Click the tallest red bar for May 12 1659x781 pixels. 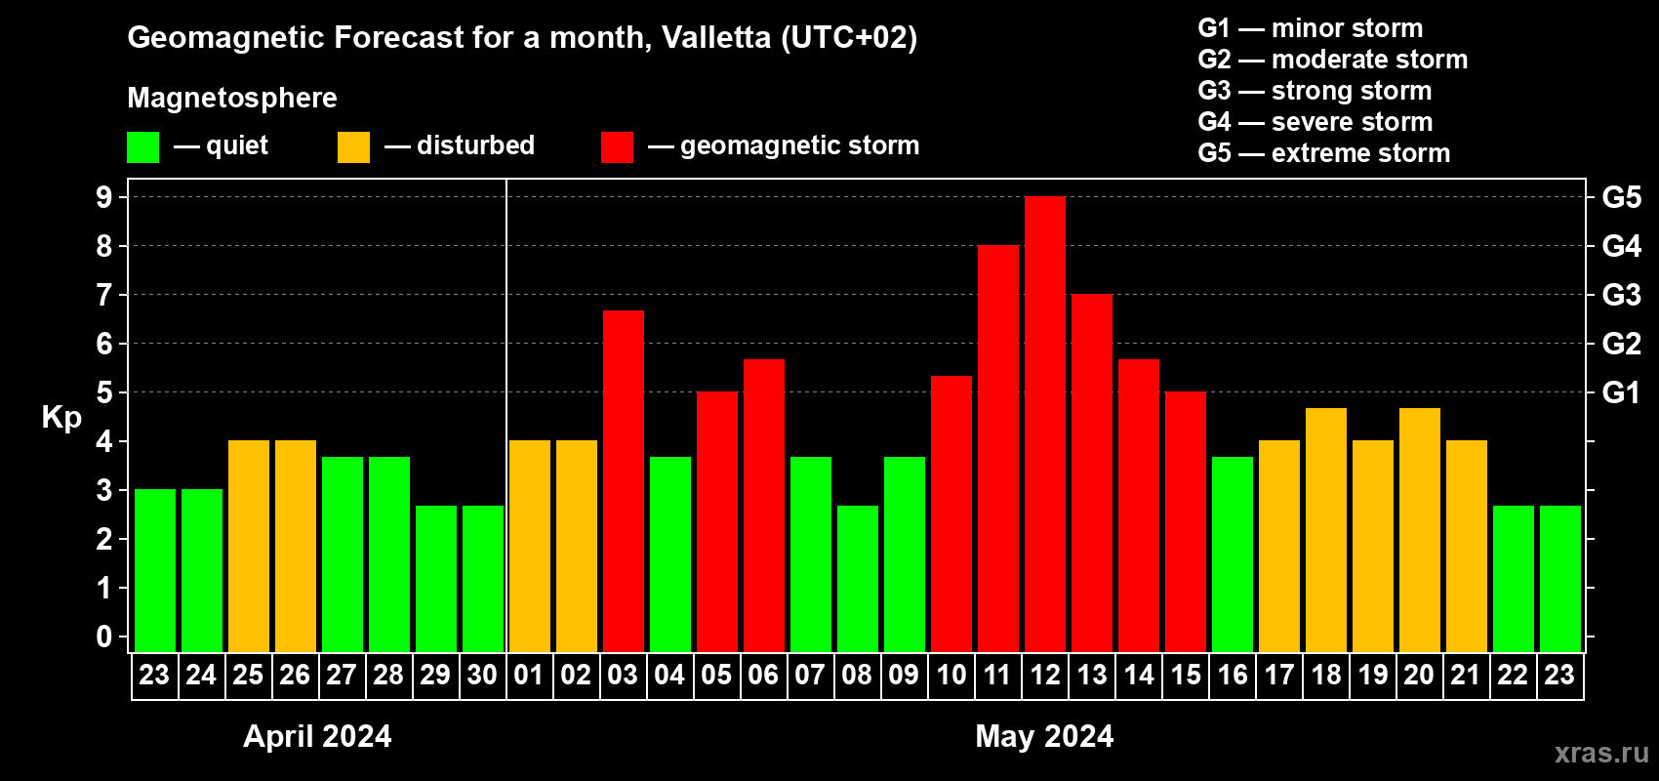(x=1045, y=425)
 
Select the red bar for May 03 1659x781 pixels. (x=624, y=480)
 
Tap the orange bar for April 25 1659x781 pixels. (x=249, y=546)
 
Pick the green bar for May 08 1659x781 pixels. (x=858, y=578)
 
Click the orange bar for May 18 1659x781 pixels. (x=1326, y=529)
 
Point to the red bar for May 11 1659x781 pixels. (x=998, y=448)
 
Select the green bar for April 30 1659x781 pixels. (x=483, y=578)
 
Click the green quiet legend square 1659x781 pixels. (x=143, y=147)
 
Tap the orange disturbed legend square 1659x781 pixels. (x=353, y=147)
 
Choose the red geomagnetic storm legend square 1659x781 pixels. (x=617, y=147)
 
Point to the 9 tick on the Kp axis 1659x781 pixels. (x=104, y=197)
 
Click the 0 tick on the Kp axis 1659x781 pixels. (x=104, y=637)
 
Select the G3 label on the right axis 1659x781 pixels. (x=1621, y=295)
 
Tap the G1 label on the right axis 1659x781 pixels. (x=1621, y=392)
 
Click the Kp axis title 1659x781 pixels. (x=61, y=418)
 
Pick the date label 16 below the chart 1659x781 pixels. (x=1233, y=675)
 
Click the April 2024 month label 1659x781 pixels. (x=317, y=736)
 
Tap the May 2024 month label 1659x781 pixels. (x=1044, y=736)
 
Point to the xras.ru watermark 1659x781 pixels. (x=1600, y=753)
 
